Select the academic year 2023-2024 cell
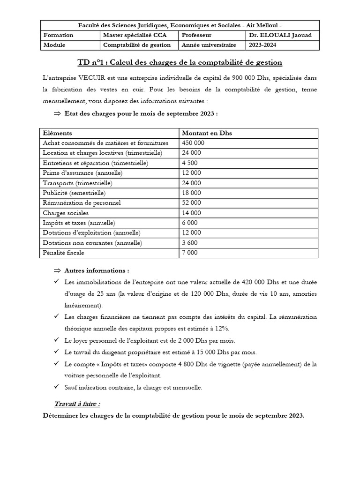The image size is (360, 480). tap(263, 45)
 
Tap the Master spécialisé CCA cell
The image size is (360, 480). tap(129, 35)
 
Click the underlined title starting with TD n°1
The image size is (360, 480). tap(180, 62)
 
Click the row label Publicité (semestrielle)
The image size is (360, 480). tap(74, 193)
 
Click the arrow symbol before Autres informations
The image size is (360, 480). tap(57, 271)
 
